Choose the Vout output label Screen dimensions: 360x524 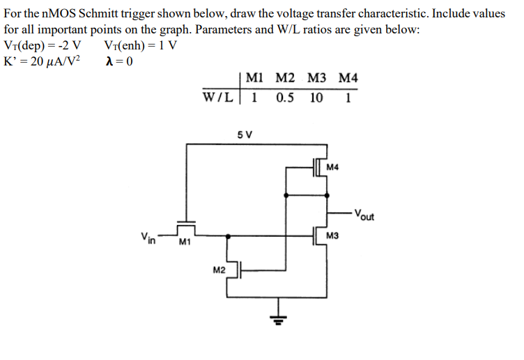point(364,214)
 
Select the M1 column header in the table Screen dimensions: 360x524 point(256,79)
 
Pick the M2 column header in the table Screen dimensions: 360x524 point(286,79)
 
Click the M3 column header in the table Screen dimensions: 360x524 point(316,79)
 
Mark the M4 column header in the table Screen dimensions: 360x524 point(347,79)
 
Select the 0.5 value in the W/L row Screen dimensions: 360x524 point(284,97)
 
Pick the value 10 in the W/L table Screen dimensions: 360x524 point(316,97)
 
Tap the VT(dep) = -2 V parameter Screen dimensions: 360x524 point(43,46)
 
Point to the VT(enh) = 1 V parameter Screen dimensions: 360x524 point(139,46)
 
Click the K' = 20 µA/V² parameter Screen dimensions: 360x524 point(43,61)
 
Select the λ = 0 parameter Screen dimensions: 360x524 point(119,61)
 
